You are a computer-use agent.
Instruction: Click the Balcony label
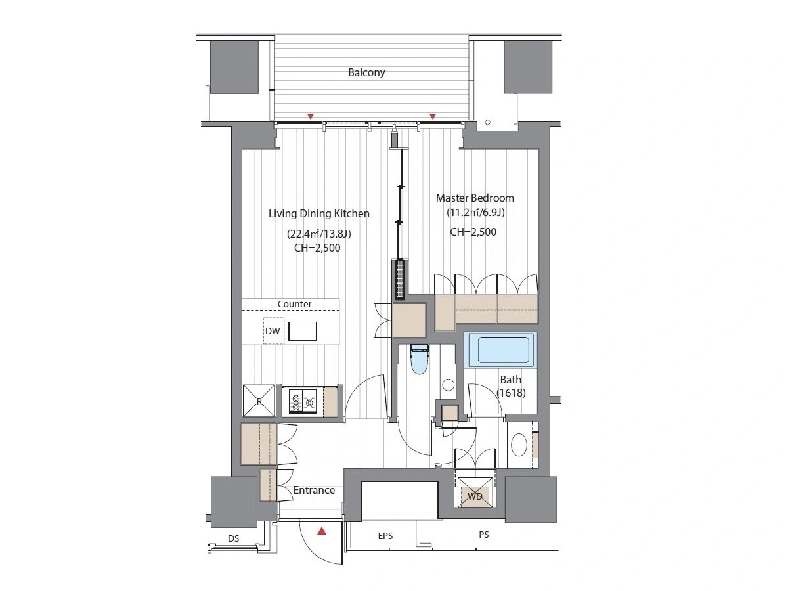pos(366,72)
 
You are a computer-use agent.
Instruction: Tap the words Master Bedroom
pos(475,198)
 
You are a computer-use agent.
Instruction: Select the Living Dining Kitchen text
pos(318,213)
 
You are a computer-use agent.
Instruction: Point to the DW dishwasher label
pos(272,331)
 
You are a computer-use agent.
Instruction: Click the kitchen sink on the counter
pos(302,331)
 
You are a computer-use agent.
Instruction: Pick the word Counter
pos(294,304)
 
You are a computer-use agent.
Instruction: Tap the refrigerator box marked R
pos(259,401)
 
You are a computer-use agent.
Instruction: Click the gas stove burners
pos(303,401)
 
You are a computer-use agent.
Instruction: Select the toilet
pos(419,359)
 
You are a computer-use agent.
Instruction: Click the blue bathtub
pos(500,350)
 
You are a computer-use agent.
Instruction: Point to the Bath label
pos(510,380)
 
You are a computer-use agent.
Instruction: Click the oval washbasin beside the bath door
pos(519,445)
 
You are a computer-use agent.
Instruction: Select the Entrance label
pos(314,490)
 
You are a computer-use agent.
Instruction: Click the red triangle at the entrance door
pos(322,531)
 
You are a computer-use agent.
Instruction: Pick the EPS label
pos(385,536)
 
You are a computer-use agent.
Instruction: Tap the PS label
pos(483,535)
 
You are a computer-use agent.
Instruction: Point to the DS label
pos(233,538)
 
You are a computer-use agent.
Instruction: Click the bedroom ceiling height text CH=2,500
pos(473,232)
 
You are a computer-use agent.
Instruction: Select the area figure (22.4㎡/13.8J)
pos(318,234)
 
